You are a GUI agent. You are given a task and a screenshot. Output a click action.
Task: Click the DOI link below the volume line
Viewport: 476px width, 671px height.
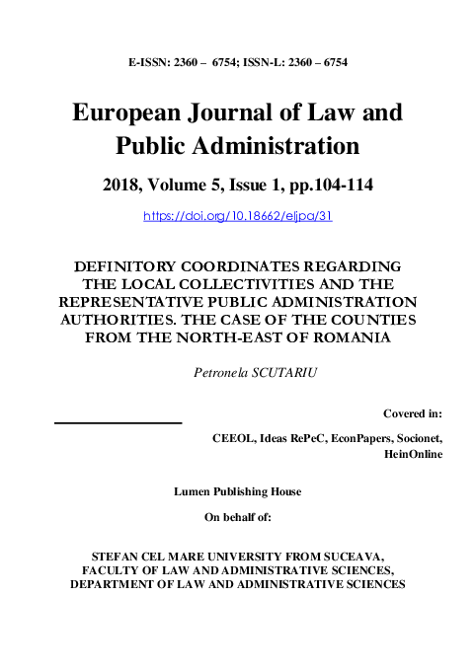238,214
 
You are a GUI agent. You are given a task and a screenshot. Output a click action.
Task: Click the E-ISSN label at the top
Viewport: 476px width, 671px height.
147,61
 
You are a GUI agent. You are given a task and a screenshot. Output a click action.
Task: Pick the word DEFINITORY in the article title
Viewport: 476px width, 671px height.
126,267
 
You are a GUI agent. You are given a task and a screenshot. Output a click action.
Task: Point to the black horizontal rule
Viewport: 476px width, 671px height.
119,422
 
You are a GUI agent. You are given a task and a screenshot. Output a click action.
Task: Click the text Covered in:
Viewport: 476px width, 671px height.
412,412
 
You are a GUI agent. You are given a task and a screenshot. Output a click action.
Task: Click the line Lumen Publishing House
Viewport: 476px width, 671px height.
237,490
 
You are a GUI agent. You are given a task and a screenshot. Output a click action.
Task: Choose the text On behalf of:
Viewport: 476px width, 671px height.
237,515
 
